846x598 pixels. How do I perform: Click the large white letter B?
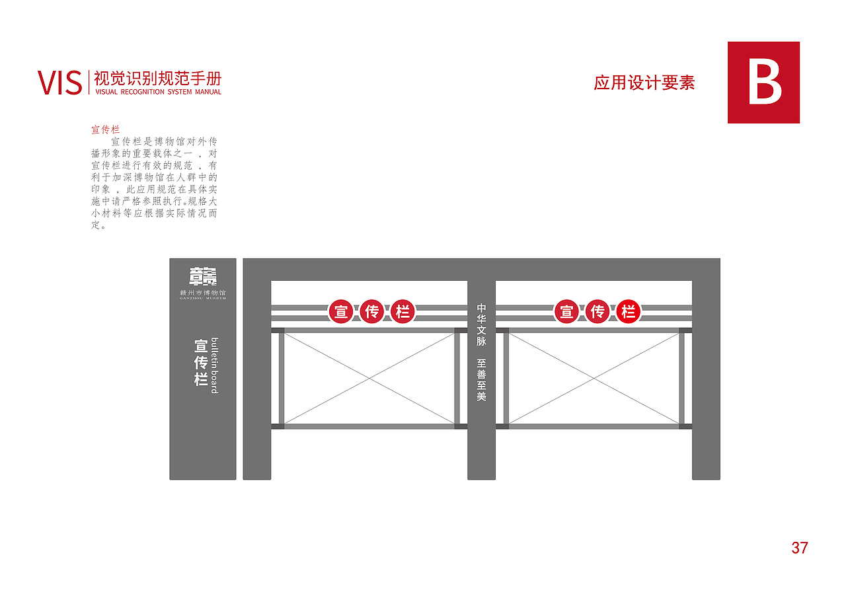coord(764,82)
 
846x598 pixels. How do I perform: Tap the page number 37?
coord(800,548)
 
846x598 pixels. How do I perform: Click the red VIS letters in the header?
coord(59,83)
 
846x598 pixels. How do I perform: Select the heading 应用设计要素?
coord(644,83)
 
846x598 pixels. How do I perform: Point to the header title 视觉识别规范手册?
coord(158,78)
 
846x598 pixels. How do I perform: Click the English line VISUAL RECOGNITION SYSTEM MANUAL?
coord(158,93)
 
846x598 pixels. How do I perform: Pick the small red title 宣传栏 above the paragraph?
coord(105,130)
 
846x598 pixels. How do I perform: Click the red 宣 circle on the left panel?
coord(341,311)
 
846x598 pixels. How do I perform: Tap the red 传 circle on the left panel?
coord(372,311)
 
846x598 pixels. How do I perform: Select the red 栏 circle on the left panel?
coord(403,311)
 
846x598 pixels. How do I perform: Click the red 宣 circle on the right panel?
coord(566,311)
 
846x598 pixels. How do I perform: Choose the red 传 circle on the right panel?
coord(597,311)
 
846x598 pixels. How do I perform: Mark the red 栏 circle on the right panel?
coord(629,311)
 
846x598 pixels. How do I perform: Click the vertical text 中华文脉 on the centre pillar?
coord(482,324)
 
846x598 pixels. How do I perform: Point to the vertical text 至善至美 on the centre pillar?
coord(482,380)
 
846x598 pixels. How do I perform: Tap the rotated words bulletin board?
coord(214,365)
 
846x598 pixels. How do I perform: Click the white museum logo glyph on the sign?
coord(203,277)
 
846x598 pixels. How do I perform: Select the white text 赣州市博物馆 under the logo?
coord(203,292)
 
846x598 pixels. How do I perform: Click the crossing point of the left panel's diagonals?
coord(369,378)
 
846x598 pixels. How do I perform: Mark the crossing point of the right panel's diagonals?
coord(594,378)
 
